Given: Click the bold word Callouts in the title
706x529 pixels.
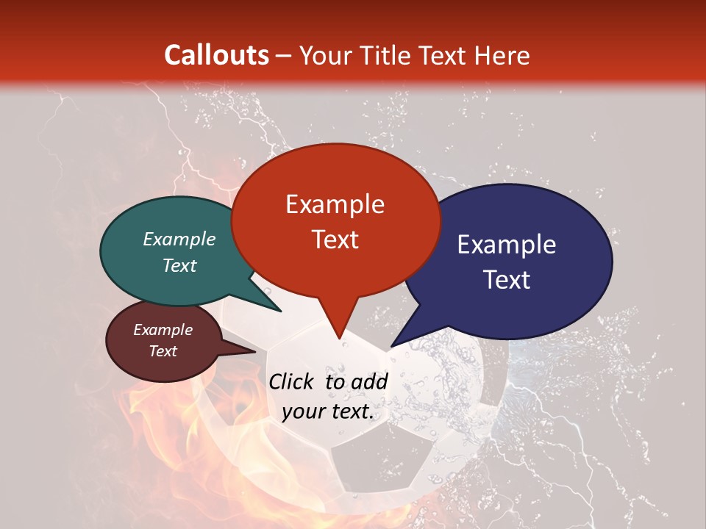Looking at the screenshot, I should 216,55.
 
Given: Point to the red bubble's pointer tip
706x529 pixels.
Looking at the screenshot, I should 339,339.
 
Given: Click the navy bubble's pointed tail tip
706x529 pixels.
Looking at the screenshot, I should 391,346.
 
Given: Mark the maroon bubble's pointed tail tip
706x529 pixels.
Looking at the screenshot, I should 256,351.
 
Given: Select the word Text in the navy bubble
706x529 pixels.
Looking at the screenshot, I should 507,280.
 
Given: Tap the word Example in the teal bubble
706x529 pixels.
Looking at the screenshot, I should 179,239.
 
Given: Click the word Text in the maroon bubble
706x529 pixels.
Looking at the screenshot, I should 163,351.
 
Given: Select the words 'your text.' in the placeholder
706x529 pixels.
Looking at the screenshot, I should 328,412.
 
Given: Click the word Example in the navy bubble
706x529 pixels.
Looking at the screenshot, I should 507,244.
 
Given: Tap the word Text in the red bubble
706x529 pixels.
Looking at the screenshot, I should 335,240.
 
